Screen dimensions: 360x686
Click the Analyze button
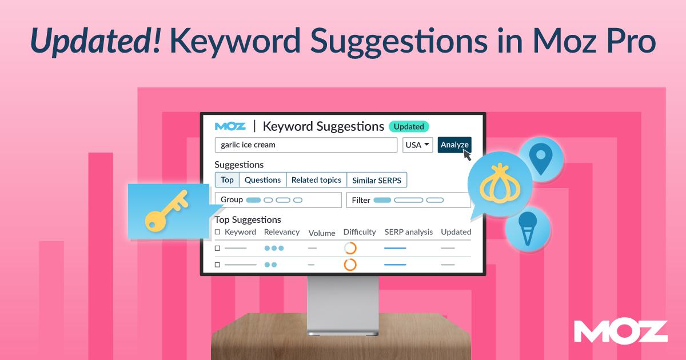click(x=454, y=145)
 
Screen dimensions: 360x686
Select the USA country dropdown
click(x=418, y=145)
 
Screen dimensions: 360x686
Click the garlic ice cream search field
click(x=306, y=145)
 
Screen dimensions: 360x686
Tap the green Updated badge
click(x=409, y=126)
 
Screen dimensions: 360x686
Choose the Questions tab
click(x=262, y=180)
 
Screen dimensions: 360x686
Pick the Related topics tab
click(x=316, y=180)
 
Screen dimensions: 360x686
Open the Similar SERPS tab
click(x=377, y=181)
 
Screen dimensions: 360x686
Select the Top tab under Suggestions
click(x=227, y=180)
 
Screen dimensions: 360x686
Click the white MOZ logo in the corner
click(x=621, y=331)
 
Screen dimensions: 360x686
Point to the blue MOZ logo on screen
click(x=230, y=126)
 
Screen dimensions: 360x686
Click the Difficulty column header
click(x=360, y=232)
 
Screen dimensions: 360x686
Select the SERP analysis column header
click(x=408, y=232)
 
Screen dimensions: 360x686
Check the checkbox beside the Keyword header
click(x=217, y=232)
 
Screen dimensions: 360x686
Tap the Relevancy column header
click(x=282, y=232)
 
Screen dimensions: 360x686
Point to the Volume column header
click(x=322, y=233)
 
